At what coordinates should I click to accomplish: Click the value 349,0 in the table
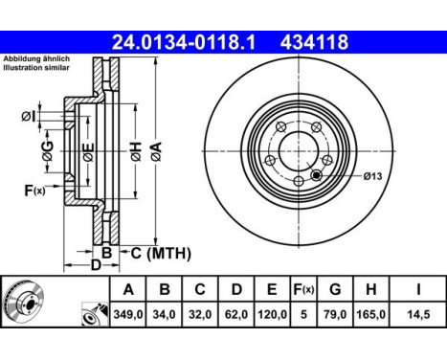tap(127, 313)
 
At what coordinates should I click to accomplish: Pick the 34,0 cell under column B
tap(164, 313)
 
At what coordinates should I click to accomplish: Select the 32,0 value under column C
tap(200, 313)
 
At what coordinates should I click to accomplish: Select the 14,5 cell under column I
tap(415, 313)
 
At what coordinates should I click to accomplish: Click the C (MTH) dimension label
tap(160, 254)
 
